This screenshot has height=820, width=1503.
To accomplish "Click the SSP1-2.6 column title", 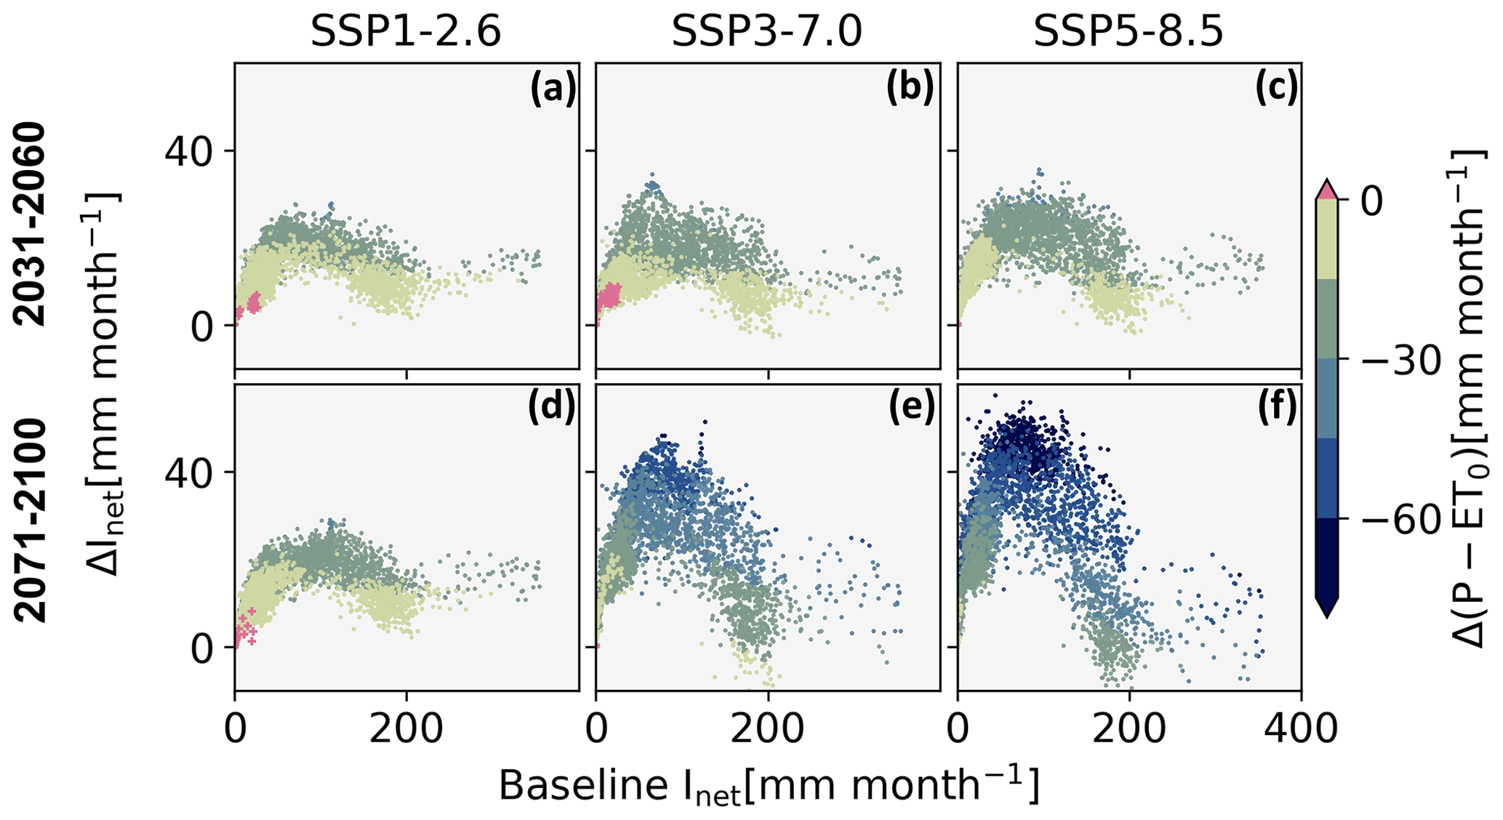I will tap(406, 32).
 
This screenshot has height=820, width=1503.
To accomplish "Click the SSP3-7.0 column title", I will tap(766, 32).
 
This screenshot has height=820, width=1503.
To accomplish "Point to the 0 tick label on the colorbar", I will tap(1372, 202).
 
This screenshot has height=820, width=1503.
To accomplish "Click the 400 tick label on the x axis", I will tap(1301, 728).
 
